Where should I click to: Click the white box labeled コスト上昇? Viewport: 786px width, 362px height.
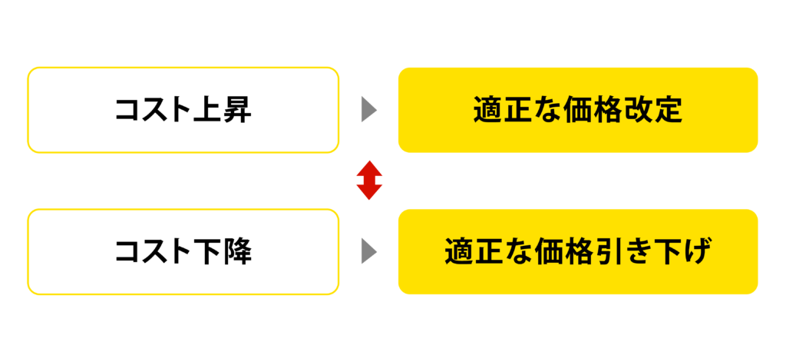[183, 110]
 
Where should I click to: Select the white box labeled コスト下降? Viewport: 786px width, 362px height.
[183, 251]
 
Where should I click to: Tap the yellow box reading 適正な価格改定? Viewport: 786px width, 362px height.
[578, 110]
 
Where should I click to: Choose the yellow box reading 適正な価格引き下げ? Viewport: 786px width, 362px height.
[578, 251]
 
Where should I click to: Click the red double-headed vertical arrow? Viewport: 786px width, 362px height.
[369, 181]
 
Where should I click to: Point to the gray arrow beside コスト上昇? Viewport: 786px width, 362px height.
[369, 110]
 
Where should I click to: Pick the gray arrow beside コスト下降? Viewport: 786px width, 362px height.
[369, 251]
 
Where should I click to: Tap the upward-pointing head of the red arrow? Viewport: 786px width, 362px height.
[369, 168]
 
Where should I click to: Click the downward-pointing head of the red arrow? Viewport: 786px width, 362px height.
[369, 192]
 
